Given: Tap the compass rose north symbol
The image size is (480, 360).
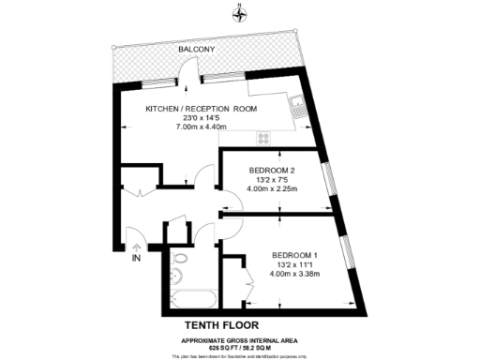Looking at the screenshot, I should (240, 12).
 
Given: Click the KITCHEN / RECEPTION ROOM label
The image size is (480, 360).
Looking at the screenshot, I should (201, 109).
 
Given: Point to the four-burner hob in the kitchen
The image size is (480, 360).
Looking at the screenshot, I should (263, 137).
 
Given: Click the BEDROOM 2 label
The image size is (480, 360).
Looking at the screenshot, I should (271, 169).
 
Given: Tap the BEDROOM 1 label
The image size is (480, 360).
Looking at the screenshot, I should (295, 255).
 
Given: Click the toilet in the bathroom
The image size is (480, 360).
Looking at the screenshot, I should (182, 258).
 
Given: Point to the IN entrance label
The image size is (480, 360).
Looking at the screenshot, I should (137, 257).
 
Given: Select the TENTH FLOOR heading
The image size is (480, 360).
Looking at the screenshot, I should (240, 324).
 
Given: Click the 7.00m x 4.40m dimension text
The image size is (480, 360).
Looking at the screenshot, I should (201, 127).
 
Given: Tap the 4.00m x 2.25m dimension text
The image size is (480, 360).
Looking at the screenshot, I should (271, 187).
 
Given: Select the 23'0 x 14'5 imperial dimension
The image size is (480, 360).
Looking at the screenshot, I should (201, 118).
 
